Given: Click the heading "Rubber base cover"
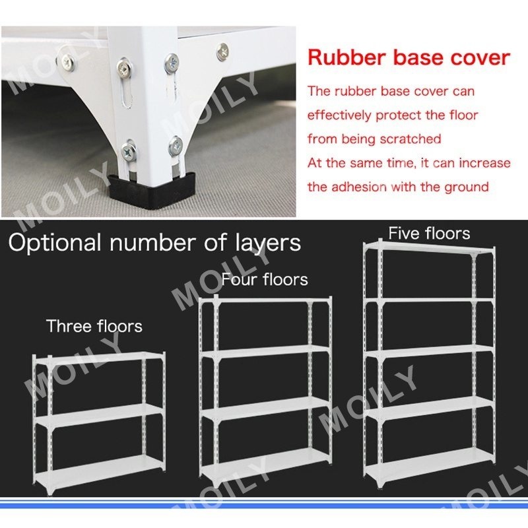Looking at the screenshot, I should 409,57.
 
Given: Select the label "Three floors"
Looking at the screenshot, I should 94,326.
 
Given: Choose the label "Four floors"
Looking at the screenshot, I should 265,280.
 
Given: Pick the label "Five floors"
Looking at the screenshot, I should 429,233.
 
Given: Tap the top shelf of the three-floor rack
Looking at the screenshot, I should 99,360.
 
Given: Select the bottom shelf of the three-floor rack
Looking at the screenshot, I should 99,464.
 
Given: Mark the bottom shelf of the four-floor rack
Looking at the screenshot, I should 265,456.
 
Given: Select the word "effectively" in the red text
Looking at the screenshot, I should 344,115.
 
